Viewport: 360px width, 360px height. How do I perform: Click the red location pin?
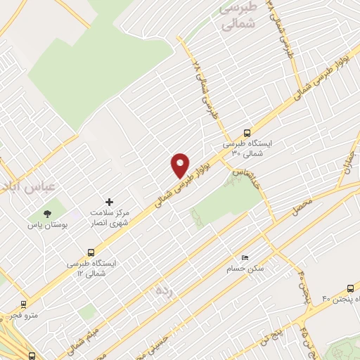(x=180, y=164)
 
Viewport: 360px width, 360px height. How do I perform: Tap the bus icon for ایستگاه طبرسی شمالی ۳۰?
(x=247, y=132)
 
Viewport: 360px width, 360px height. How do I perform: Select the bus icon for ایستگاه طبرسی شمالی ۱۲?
(x=91, y=252)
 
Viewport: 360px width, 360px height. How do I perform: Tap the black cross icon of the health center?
(x=108, y=202)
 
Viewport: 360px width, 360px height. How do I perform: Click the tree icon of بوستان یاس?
(x=48, y=213)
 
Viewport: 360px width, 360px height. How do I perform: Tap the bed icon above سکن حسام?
(x=245, y=257)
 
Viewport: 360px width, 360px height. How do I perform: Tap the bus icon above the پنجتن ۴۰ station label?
(x=351, y=288)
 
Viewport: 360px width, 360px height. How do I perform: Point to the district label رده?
(x=164, y=288)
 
